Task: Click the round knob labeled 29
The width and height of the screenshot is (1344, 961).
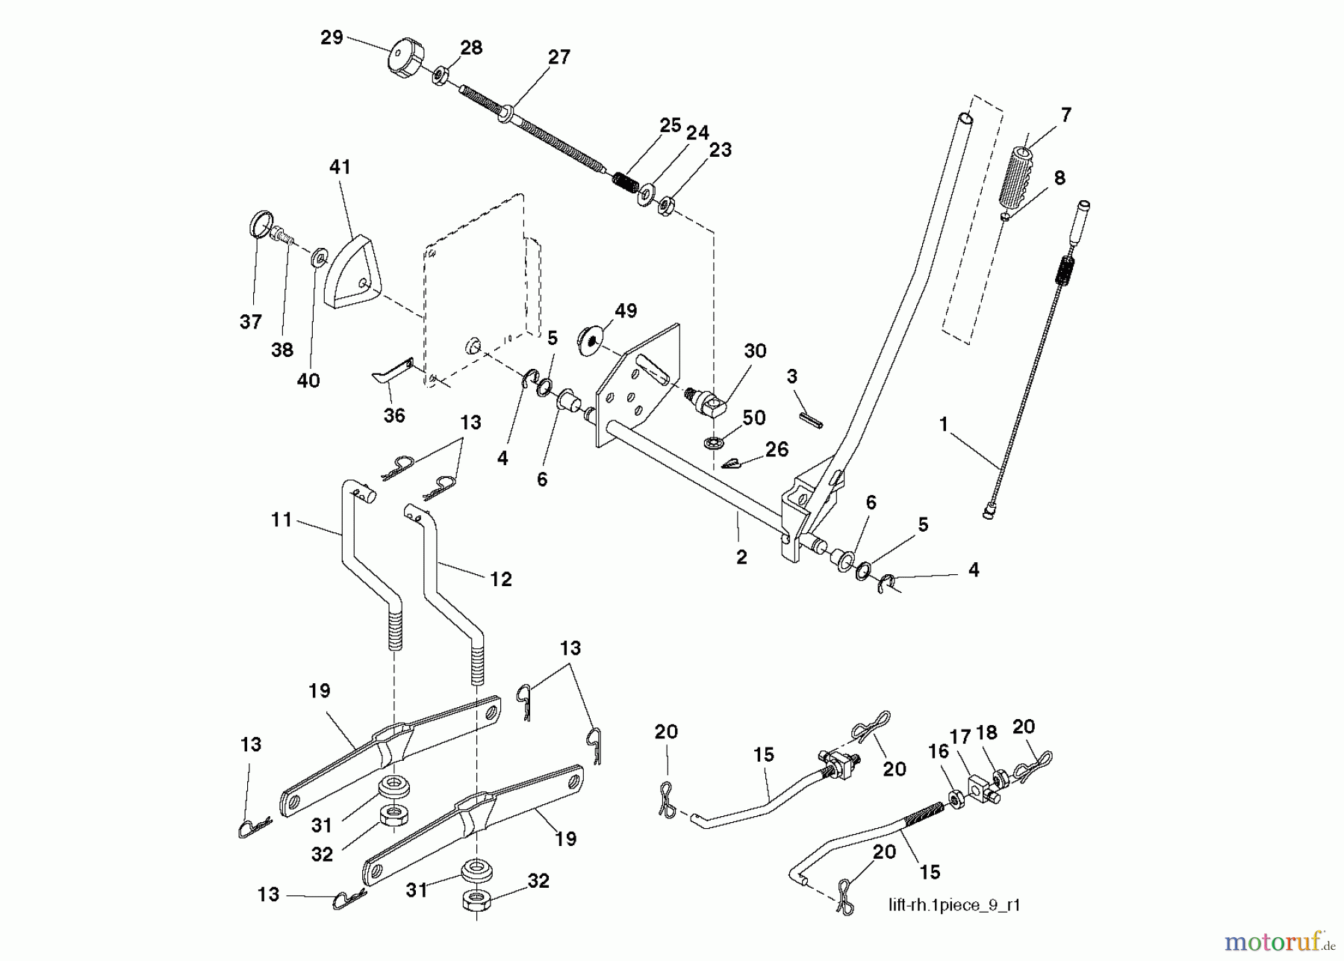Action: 404,58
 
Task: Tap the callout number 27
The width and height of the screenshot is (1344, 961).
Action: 559,57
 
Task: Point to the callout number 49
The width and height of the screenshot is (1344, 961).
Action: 625,311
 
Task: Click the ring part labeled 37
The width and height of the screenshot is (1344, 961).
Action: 258,224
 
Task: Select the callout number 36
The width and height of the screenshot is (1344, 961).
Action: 393,416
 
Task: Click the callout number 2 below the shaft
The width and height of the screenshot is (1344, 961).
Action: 741,557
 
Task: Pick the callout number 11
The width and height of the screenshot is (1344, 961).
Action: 281,520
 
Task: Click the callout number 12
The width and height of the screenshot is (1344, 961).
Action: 500,579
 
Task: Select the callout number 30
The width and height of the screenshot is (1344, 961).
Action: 755,351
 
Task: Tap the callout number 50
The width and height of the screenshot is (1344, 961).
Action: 754,418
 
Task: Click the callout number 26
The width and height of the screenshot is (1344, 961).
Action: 777,450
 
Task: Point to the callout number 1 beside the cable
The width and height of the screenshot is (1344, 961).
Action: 943,425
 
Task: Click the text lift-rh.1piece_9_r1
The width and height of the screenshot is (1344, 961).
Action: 953,906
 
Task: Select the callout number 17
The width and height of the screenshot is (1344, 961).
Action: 959,738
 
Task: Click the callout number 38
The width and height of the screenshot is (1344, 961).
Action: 281,349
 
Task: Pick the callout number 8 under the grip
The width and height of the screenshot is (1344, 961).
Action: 1059,178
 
